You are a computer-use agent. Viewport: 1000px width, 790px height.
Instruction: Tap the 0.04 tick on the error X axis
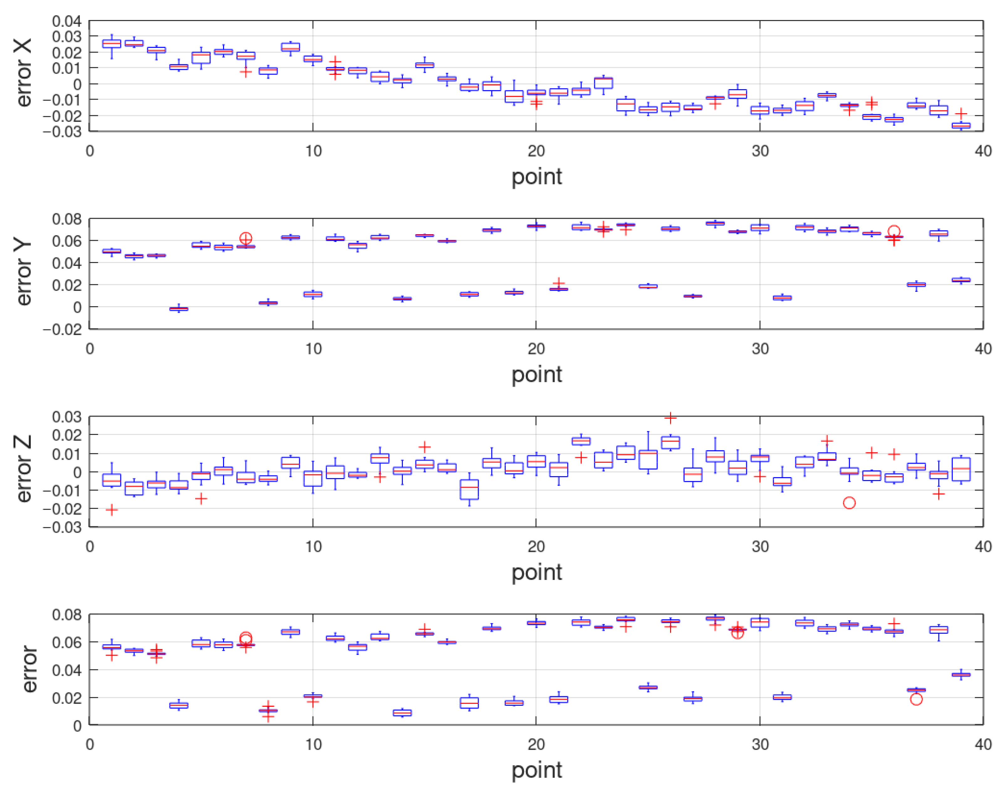coord(66,21)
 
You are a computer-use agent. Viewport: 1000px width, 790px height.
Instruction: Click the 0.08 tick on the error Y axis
coord(66,219)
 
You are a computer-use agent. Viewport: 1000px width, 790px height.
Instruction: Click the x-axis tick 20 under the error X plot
coord(536,151)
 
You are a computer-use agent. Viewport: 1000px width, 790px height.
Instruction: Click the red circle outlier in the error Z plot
coord(849,503)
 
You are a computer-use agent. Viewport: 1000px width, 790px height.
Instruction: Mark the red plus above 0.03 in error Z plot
coord(670,418)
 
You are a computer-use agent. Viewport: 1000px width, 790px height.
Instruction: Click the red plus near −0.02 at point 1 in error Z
coord(112,510)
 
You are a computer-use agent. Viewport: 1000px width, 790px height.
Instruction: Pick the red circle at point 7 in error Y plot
coord(246,238)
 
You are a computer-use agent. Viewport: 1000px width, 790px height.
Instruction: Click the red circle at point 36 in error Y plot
coord(893,231)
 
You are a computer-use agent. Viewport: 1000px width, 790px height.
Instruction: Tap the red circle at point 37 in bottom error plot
coord(916,699)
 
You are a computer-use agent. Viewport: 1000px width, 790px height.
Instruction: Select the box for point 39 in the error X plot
coord(961,125)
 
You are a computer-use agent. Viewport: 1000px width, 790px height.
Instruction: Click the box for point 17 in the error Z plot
coord(469,489)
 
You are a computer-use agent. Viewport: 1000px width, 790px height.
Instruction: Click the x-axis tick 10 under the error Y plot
coord(313,349)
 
